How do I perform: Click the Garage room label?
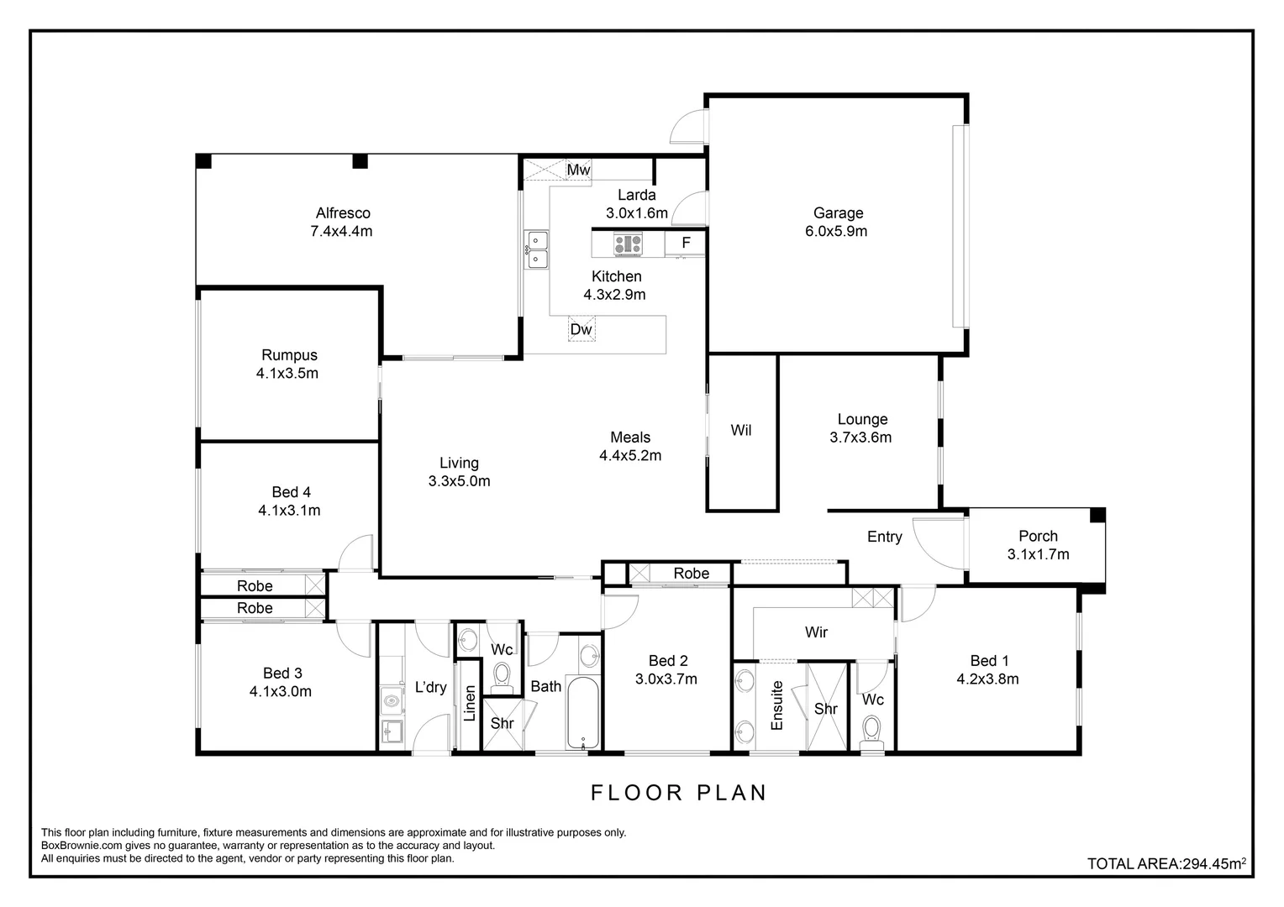click(838, 213)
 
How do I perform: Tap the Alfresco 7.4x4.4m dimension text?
click(341, 232)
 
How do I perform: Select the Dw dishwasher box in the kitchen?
click(581, 329)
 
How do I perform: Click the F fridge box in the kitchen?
click(686, 243)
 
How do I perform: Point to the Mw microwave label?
click(578, 170)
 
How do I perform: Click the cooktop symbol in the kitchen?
click(629, 244)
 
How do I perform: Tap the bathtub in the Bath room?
click(583, 713)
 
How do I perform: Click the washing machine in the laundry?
click(392, 701)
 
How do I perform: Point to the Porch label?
click(1038, 537)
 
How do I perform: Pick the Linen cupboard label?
click(470, 703)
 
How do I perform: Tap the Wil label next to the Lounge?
click(740, 430)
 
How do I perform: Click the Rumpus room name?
click(289, 355)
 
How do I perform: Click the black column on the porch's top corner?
click(1097, 515)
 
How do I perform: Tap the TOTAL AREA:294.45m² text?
click(1167, 863)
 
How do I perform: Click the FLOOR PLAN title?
click(679, 793)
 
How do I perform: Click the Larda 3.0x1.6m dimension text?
click(637, 213)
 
